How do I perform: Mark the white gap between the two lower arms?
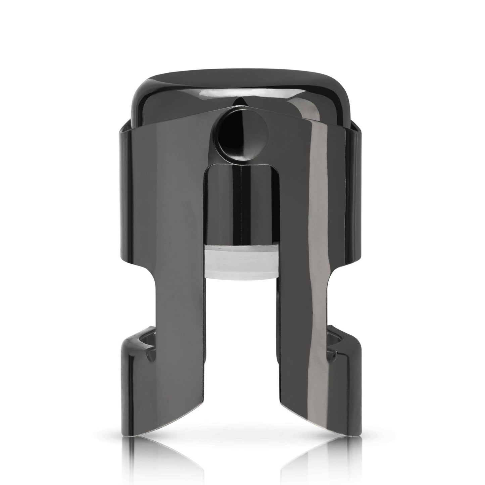[242, 336]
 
